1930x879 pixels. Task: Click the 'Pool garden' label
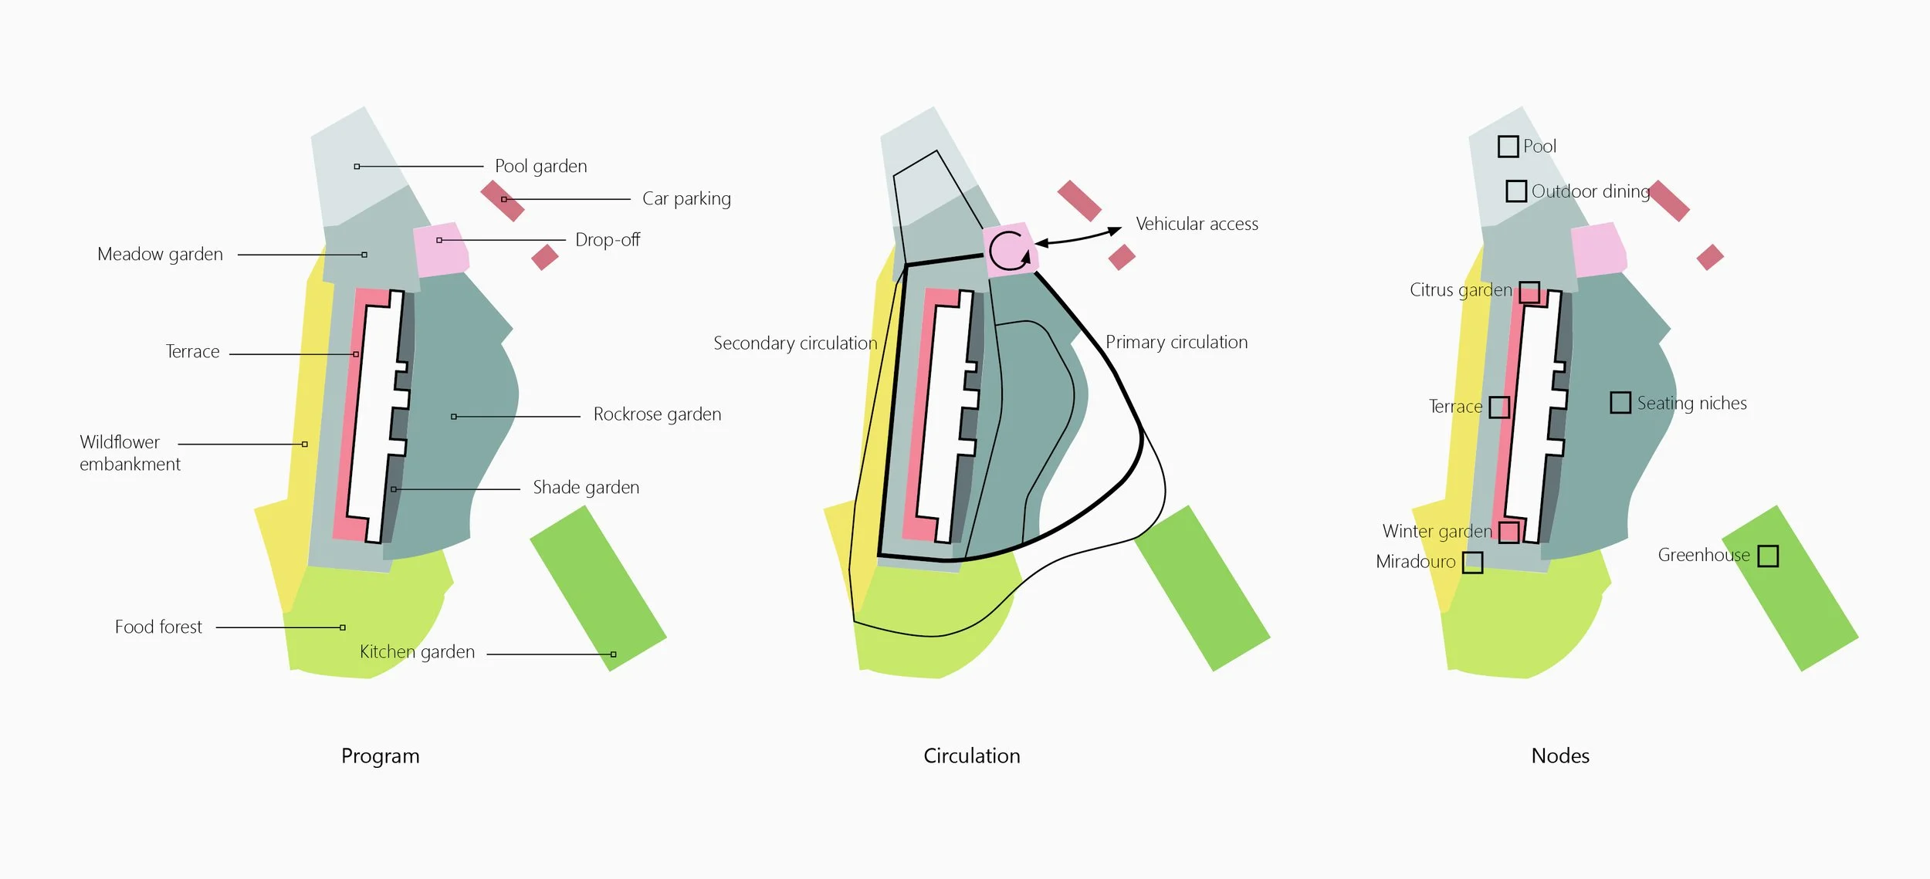pyautogui.click(x=540, y=167)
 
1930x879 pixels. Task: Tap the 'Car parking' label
pyautogui.click(x=686, y=199)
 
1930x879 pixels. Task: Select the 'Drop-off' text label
pyautogui.click(x=608, y=240)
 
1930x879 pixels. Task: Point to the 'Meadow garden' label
pyautogui.click(x=160, y=255)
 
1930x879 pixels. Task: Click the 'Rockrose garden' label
pyautogui.click(x=657, y=414)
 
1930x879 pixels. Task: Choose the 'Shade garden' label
pyautogui.click(x=586, y=488)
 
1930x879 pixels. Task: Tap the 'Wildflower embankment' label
pyautogui.click(x=130, y=453)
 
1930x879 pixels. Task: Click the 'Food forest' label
pyautogui.click(x=158, y=627)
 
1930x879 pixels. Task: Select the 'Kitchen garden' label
pyautogui.click(x=417, y=652)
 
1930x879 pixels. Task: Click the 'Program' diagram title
pyautogui.click(x=381, y=756)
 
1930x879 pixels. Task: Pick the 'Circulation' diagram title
pyautogui.click(x=972, y=756)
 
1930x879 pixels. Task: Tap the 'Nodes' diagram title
pyautogui.click(x=1560, y=756)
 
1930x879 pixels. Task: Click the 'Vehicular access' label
pyautogui.click(x=1197, y=225)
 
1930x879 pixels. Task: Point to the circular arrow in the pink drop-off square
pyautogui.click(x=1009, y=250)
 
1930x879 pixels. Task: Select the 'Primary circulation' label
pyautogui.click(x=1177, y=343)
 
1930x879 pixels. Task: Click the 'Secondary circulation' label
pyautogui.click(x=795, y=343)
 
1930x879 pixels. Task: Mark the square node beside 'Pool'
pyautogui.click(x=1508, y=147)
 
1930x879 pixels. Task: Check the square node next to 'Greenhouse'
pyautogui.click(x=1768, y=556)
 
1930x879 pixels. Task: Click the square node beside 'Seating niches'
pyautogui.click(x=1620, y=403)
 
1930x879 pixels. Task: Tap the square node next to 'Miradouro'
pyautogui.click(x=1472, y=563)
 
